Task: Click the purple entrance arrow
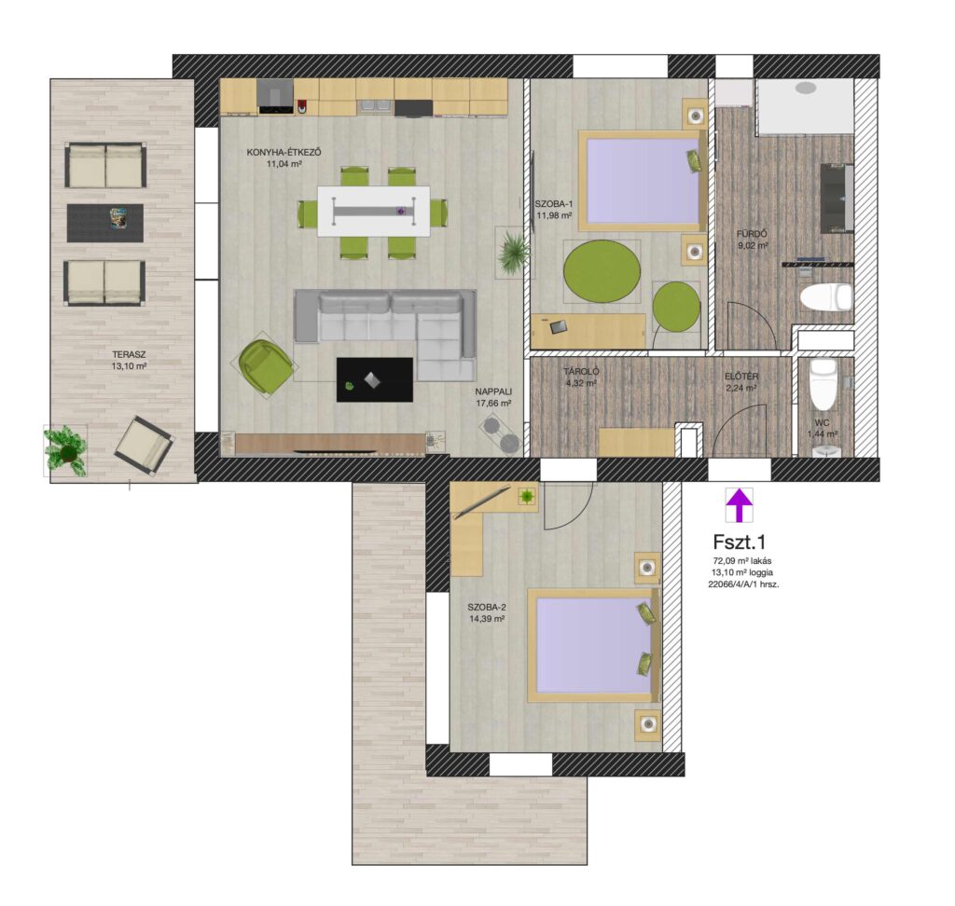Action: pos(739,505)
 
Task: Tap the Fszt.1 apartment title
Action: pos(739,542)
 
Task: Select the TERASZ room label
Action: pos(129,354)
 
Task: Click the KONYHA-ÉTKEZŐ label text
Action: pos(284,152)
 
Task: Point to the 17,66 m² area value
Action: pos(493,403)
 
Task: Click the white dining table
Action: pos(373,212)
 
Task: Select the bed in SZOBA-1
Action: pos(643,181)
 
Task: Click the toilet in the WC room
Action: pos(824,384)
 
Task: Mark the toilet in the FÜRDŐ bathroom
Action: pos(825,297)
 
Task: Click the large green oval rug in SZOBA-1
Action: pos(602,270)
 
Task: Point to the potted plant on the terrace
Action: pos(66,450)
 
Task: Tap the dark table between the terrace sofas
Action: pos(104,223)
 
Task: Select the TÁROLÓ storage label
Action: pos(581,371)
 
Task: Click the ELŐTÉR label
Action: pos(741,377)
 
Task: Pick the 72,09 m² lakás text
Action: pos(742,561)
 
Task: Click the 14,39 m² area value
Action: pos(487,619)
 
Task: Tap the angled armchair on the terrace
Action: pos(145,446)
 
